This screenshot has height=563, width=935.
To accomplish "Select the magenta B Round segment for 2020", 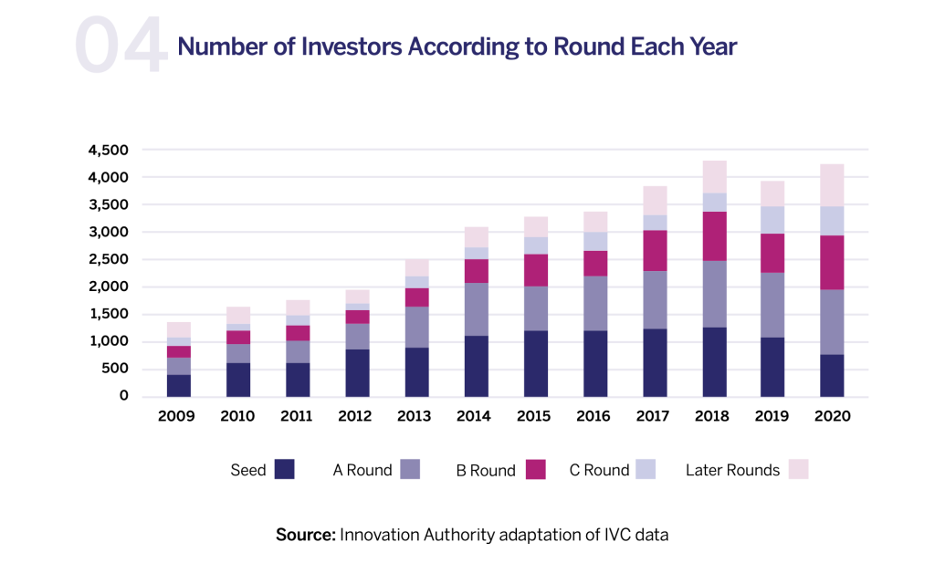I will pos(832,263).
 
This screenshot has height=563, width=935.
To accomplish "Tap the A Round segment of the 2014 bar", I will pos(476,309).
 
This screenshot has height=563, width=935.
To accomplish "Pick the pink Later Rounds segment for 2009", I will pos(179,329).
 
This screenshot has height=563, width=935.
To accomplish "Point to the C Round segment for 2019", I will pos(772,220).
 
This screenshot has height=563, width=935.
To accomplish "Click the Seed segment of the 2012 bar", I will pos(357,372).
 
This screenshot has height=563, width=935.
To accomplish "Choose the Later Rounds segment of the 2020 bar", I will pos(832,185).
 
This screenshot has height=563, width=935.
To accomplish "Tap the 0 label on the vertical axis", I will pos(124,396).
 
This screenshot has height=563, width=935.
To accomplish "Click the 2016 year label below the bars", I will pos(594,416).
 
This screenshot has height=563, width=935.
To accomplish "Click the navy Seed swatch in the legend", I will pos(286,470).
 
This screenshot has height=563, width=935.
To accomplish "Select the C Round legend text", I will pos(599,471).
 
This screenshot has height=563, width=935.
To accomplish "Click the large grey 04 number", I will pos(121,46).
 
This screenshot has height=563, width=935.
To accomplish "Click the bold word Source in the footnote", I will pos(305,535).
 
